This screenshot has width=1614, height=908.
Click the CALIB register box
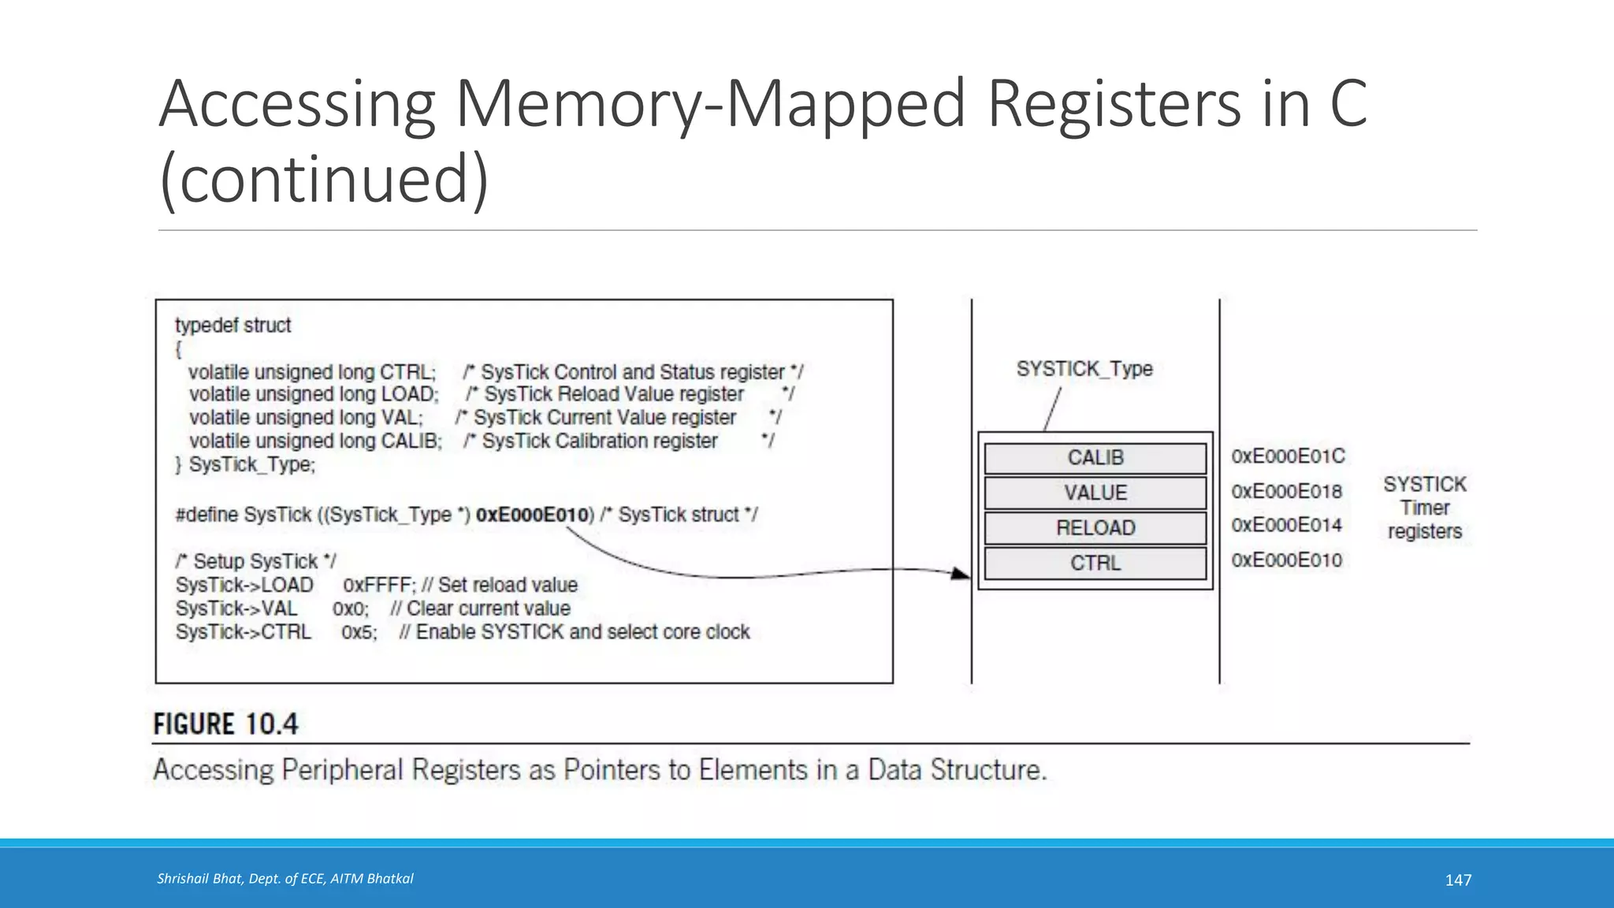coord(1095,458)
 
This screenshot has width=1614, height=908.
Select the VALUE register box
coord(1095,493)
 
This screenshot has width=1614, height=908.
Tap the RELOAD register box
coord(1095,528)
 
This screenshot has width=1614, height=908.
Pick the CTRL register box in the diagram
coord(1095,564)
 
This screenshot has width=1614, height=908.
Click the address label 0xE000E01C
coord(1288,456)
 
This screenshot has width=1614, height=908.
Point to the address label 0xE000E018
coord(1286,492)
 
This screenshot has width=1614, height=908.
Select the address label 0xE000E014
coord(1286,525)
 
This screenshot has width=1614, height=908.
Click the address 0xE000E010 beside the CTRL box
coord(1286,560)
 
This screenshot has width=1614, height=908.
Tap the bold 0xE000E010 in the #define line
coord(532,515)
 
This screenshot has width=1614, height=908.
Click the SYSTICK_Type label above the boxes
coord(1084,369)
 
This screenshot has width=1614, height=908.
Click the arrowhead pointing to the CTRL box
coord(961,573)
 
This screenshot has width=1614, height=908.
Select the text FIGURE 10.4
coord(226,724)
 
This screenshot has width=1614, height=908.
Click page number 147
coord(1458,880)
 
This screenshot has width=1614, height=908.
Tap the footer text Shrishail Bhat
coord(284,879)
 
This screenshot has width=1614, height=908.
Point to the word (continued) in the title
coord(324,179)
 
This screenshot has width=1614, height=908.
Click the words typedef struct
coord(232,326)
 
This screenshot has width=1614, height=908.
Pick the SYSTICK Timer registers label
coord(1424,508)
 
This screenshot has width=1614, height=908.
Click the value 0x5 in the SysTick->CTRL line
coord(358,633)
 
